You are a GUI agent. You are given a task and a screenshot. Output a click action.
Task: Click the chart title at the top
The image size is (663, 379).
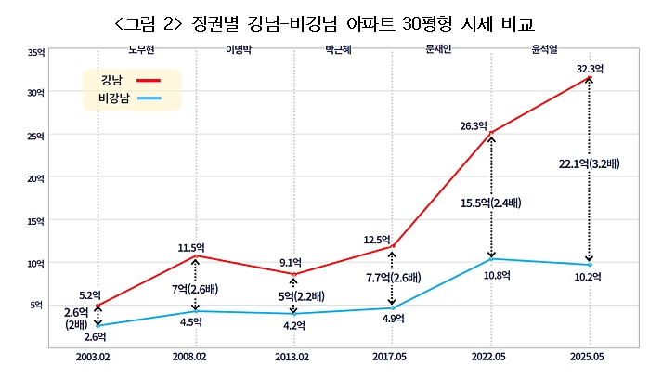click(x=331, y=21)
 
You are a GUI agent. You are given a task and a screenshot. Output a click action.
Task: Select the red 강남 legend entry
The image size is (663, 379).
click(x=128, y=80)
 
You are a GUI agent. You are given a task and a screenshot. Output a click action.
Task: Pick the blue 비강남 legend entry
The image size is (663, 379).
click(x=128, y=98)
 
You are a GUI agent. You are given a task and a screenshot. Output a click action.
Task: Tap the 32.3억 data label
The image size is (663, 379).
click(x=590, y=68)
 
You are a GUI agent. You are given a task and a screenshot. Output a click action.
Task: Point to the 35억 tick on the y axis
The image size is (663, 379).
click(x=36, y=52)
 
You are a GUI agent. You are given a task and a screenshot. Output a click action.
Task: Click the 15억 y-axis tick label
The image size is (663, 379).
click(x=36, y=221)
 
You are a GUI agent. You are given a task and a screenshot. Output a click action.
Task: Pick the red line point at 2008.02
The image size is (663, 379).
click(x=196, y=256)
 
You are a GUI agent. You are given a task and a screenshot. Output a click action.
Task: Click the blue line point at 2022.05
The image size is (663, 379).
click(x=490, y=259)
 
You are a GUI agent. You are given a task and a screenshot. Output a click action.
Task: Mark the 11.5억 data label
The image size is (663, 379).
click(x=191, y=247)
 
